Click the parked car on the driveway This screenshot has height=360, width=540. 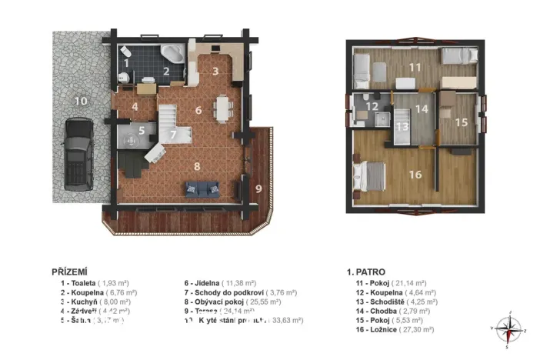click(x=78, y=154)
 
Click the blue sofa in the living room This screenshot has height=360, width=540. click(x=202, y=188)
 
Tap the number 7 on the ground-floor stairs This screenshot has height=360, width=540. click(x=175, y=135)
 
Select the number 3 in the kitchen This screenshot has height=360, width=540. click(x=216, y=72)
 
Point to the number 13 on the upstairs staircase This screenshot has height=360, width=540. click(x=402, y=126)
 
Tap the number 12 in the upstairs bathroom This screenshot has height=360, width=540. click(x=372, y=107)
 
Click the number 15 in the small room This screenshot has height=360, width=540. click(x=460, y=122)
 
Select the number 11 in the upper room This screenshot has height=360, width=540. click(x=415, y=68)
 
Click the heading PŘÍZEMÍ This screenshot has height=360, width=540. click(x=68, y=272)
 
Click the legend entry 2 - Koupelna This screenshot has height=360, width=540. click(x=98, y=292)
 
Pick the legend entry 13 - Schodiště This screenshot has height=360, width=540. click(x=398, y=303)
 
